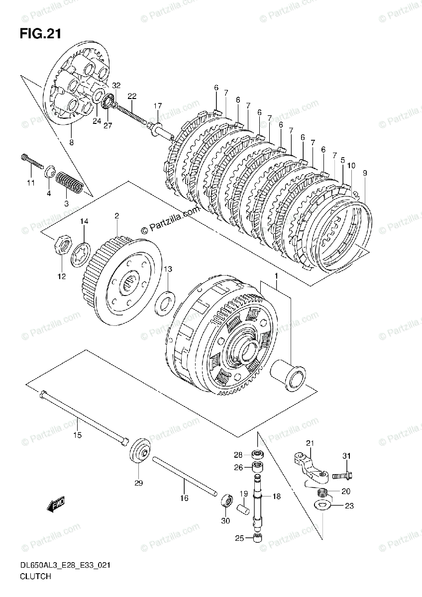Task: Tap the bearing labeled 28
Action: click(x=257, y=454)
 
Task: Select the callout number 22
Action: click(x=131, y=96)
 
